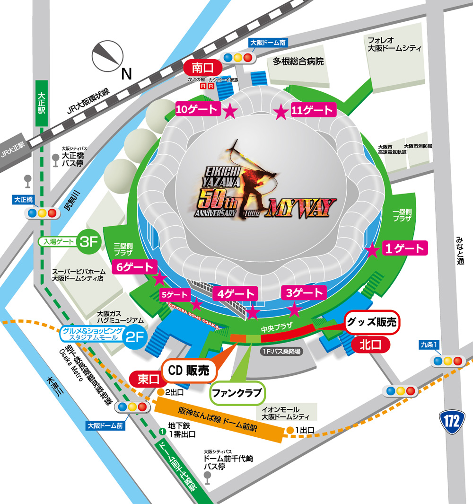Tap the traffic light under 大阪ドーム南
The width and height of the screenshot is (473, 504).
[239, 58]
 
